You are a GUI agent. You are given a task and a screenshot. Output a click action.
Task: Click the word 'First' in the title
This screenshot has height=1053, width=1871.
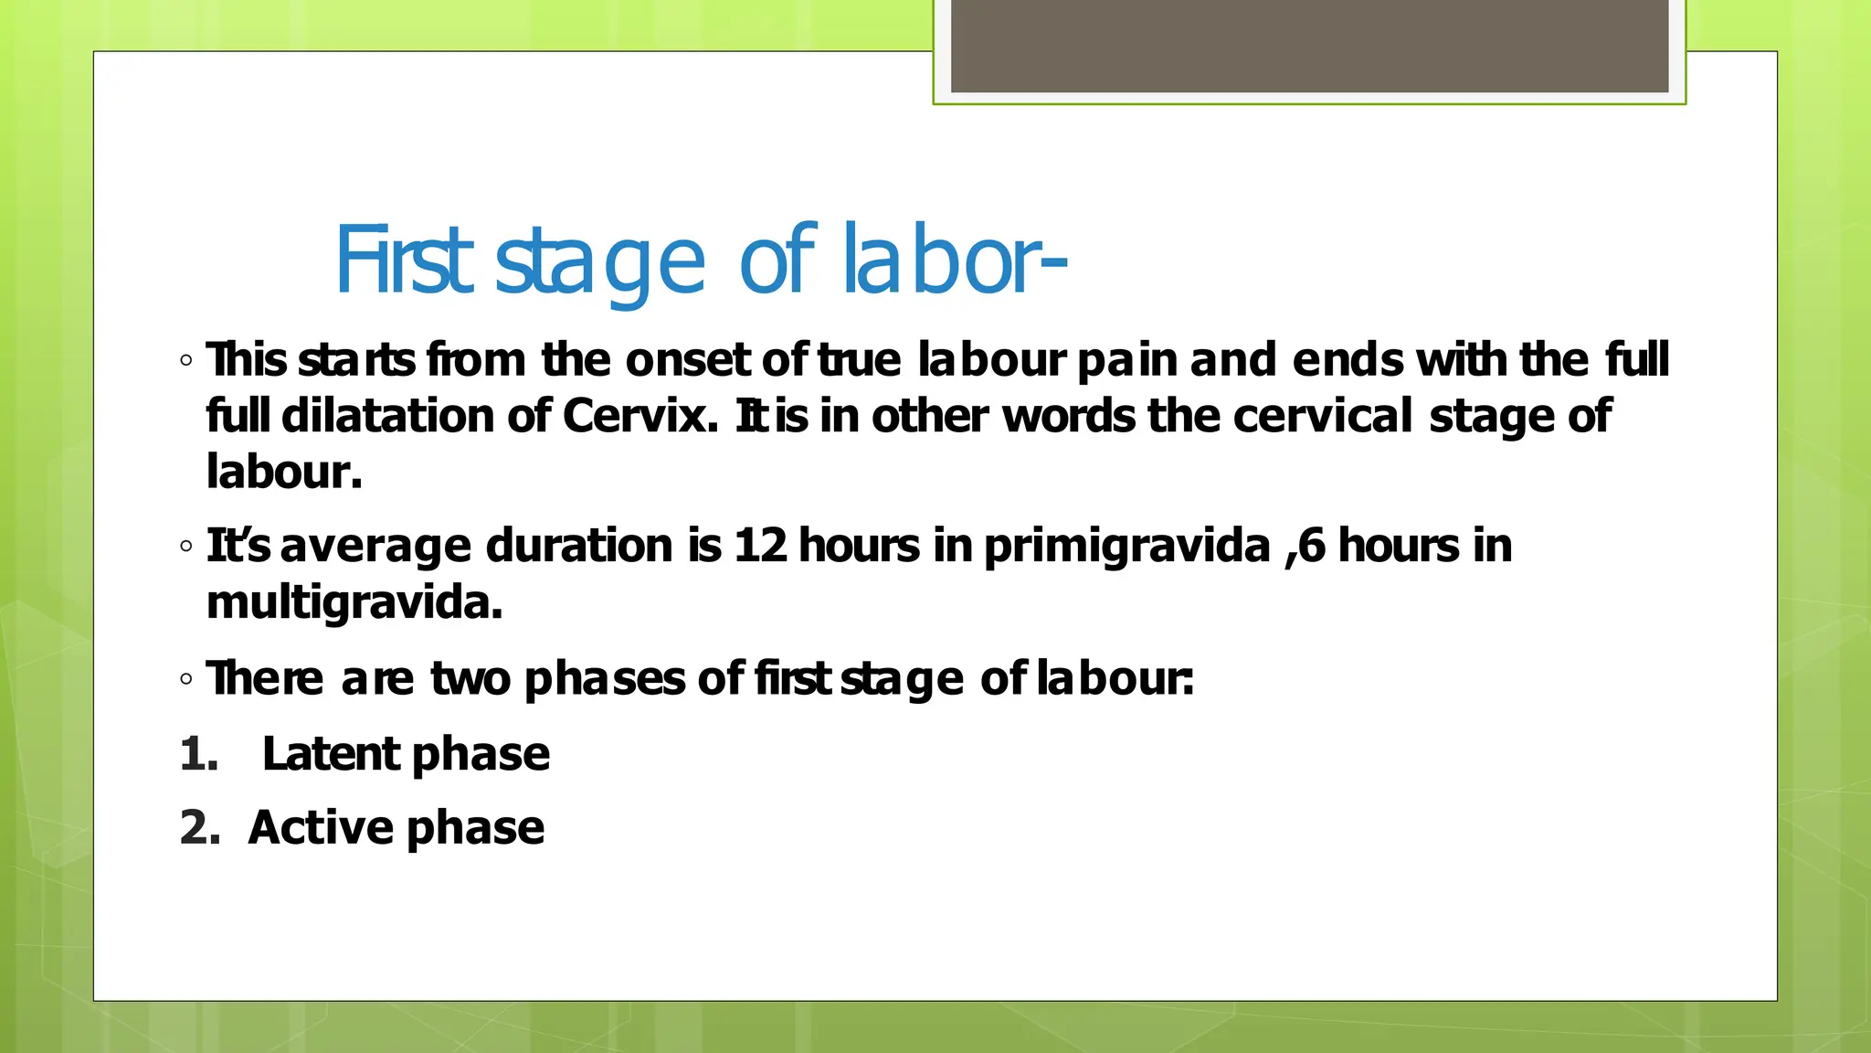click(x=404, y=262)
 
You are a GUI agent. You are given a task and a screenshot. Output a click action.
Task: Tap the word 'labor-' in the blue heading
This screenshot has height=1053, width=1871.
click(x=953, y=262)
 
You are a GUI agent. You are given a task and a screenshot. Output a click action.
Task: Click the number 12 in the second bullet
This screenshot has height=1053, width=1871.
click(x=760, y=546)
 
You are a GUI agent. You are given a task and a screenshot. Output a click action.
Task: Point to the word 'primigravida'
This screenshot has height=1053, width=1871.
click(x=1126, y=546)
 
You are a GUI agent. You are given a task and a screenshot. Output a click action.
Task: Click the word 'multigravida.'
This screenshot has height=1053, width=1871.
click(x=354, y=602)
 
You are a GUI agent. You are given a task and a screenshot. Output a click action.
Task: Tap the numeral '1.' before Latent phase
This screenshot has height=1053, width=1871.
click(x=199, y=755)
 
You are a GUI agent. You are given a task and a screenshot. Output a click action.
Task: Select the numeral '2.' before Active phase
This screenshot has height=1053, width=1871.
click(x=200, y=828)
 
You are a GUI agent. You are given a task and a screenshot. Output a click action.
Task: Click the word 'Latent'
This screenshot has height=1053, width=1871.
click(x=331, y=755)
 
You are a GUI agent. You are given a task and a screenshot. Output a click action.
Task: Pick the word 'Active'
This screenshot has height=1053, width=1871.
click(x=321, y=828)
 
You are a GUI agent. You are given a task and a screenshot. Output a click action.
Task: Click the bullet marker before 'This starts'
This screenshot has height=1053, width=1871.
click(x=186, y=360)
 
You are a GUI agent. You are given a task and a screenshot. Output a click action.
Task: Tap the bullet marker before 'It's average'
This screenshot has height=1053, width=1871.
click(x=186, y=547)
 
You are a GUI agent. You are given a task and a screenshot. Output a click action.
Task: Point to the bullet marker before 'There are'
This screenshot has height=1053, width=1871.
click(x=186, y=679)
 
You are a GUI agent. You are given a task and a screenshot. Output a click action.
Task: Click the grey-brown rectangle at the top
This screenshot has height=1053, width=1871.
click(x=1309, y=46)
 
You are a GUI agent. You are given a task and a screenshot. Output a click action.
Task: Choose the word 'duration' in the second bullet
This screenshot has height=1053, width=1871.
click(x=579, y=546)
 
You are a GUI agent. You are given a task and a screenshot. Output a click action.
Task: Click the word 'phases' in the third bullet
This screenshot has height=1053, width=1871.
click(x=604, y=679)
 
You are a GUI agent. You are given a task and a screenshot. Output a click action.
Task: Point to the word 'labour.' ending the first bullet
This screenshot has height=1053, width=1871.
click(x=284, y=473)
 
